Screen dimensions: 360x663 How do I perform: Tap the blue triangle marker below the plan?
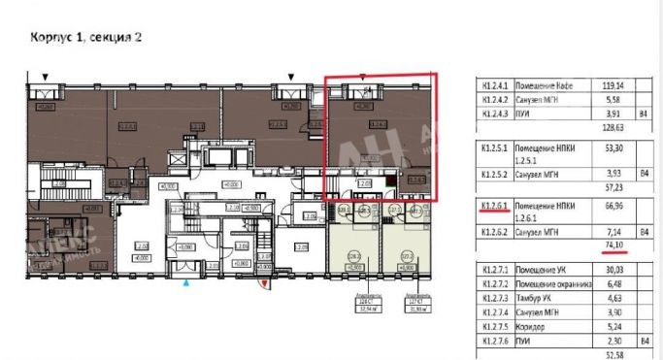pyautogui.click(x=186, y=281)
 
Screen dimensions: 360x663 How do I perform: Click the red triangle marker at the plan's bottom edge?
pyautogui.click(x=264, y=282)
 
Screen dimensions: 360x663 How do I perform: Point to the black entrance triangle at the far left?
pyautogui.click(x=45, y=76)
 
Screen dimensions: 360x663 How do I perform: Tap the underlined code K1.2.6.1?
pyautogui.click(x=493, y=207)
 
